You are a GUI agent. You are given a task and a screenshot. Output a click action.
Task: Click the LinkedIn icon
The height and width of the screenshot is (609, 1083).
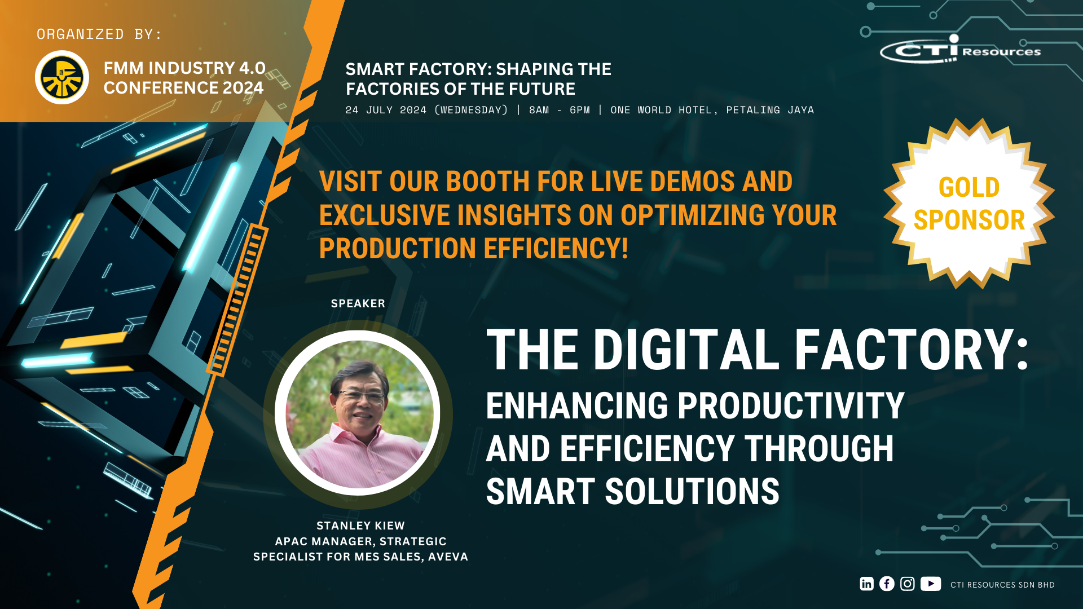pyautogui.click(x=866, y=584)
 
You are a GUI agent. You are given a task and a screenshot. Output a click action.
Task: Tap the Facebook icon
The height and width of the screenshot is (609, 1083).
pyautogui.click(x=887, y=584)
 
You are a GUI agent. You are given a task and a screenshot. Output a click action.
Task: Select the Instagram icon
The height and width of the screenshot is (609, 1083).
pyautogui.click(x=907, y=584)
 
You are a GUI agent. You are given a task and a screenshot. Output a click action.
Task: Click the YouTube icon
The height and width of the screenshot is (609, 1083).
pyautogui.click(x=931, y=584)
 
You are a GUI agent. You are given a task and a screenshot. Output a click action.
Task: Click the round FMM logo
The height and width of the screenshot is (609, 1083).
pyautogui.click(x=62, y=77)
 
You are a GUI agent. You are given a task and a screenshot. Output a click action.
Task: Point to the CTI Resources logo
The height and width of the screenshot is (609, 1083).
pyautogui.click(x=961, y=50)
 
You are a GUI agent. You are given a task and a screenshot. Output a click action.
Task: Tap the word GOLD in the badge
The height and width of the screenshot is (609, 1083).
pyautogui.click(x=969, y=187)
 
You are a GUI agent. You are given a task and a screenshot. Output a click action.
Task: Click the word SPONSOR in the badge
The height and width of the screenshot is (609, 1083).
pyautogui.click(x=969, y=220)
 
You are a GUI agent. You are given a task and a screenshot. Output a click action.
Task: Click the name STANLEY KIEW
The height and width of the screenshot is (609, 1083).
pyautogui.click(x=360, y=526)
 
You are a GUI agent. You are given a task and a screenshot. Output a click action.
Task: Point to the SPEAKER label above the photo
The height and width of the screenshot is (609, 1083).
pyautogui.click(x=358, y=303)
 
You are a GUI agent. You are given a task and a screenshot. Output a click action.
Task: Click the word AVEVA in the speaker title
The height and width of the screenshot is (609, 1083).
pyautogui.click(x=448, y=557)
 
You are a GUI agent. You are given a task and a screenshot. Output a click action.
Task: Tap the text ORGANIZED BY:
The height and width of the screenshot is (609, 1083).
pyautogui.click(x=99, y=34)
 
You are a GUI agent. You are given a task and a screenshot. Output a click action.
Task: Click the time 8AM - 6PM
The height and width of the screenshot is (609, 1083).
pyautogui.click(x=559, y=110)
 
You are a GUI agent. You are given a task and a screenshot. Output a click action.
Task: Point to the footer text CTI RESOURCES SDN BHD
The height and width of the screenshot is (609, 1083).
pyautogui.click(x=1002, y=585)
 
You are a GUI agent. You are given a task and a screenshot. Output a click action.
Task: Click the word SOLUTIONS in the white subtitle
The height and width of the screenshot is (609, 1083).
pyautogui.click(x=692, y=491)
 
